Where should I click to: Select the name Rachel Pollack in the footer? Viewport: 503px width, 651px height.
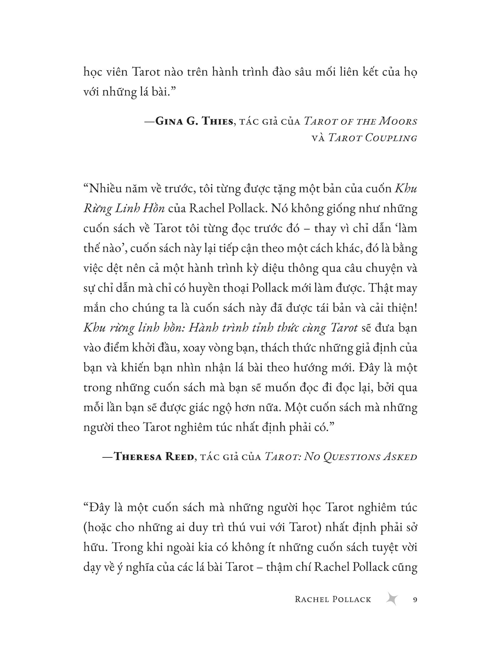point(333,600)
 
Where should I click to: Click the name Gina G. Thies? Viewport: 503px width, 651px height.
point(194,121)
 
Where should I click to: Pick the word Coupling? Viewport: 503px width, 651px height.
point(391,138)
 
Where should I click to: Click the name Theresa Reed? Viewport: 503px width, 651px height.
point(154,457)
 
